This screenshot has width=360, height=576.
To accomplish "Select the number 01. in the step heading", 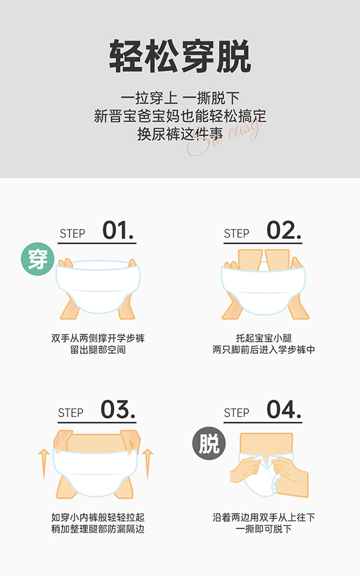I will pyautogui.click(x=118, y=231).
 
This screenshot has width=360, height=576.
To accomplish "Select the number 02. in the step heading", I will pyautogui.click(x=284, y=231).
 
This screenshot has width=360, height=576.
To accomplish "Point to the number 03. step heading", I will pyautogui.click(x=118, y=410).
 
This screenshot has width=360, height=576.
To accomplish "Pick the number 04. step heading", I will pyautogui.click(x=284, y=410).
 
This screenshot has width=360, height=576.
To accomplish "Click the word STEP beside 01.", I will pyautogui.click(x=73, y=234).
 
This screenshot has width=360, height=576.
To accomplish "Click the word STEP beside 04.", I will pyautogui.click(x=236, y=413).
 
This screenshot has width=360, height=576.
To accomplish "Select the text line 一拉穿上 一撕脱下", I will pyautogui.click(x=180, y=97).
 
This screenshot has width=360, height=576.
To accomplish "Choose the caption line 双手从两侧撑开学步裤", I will pyautogui.click(x=98, y=338).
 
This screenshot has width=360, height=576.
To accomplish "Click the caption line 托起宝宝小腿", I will pyautogui.click(x=263, y=338).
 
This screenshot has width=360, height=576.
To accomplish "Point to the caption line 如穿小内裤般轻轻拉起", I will pyautogui.click(x=98, y=517).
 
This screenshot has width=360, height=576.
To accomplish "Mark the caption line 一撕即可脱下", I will pyautogui.click(x=263, y=529).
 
